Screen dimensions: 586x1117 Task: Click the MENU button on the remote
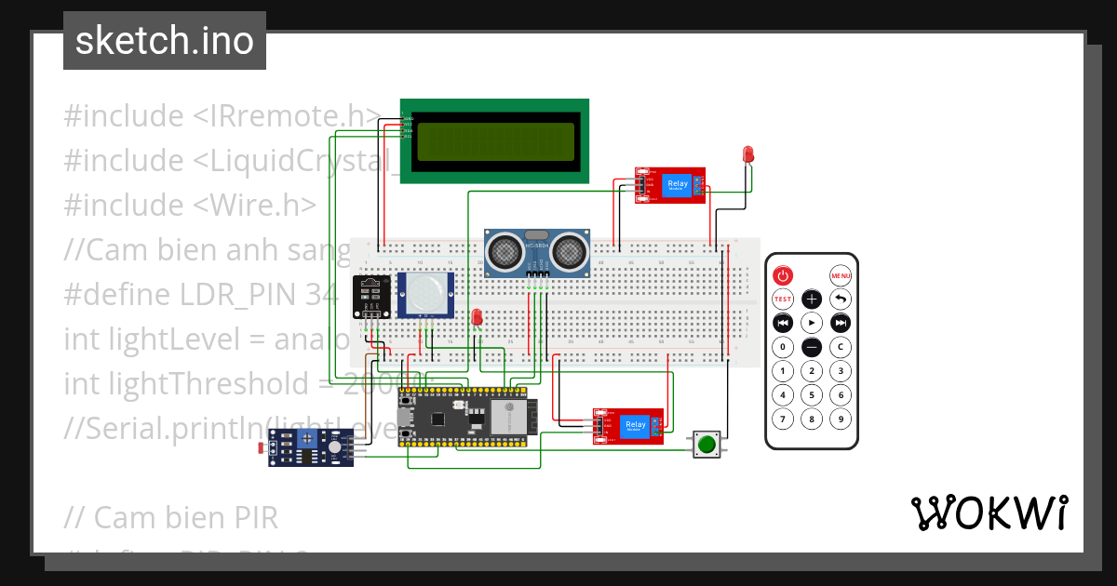841,276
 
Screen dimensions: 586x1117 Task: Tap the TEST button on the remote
783,300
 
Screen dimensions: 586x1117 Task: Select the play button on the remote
812,323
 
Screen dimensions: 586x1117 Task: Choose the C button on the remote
841,347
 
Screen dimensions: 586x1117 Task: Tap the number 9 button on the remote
841,419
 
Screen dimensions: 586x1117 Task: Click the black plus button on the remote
812,300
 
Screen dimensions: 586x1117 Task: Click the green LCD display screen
494,141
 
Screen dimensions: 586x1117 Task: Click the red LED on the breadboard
477,318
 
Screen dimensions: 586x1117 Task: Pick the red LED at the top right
747,154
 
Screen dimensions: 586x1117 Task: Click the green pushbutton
707,445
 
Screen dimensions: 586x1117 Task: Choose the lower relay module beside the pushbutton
628,426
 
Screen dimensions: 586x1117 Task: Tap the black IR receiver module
370,297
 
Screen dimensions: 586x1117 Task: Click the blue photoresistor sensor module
310,448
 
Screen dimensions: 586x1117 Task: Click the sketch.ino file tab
165,41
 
